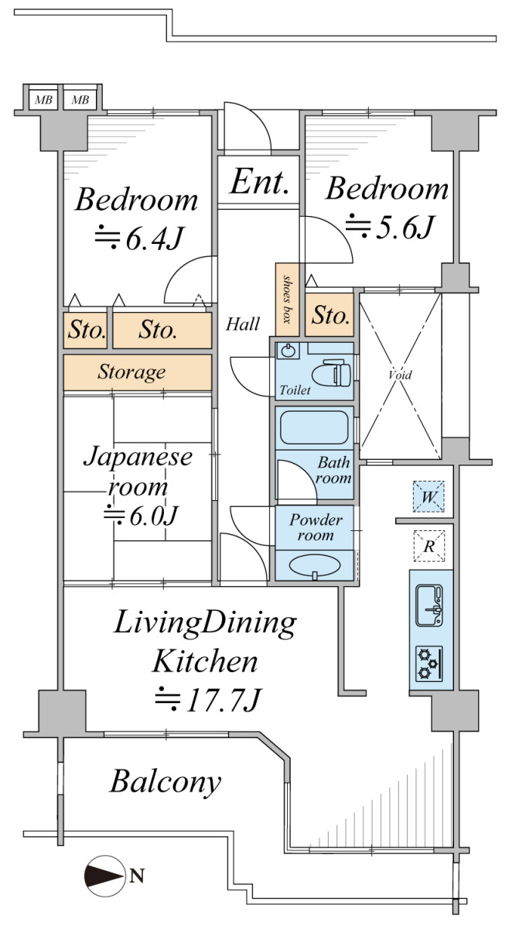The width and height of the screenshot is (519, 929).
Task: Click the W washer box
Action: pyautogui.click(x=429, y=496)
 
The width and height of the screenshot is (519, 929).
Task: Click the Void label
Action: pyautogui.click(x=400, y=375)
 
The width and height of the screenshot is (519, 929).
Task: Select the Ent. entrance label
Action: pyautogui.click(x=259, y=184)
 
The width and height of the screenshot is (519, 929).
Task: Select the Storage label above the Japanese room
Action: pyautogui.click(x=131, y=372)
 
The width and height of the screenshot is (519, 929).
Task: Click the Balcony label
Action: pyautogui.click(x=166, y=782)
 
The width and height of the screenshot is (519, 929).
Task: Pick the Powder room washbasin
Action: pyautogui.click(x=314, y=565)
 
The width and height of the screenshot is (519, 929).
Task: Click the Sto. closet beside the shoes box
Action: pyautogui.click(x=331, y=316)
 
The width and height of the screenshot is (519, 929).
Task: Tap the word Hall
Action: pyautogui.click(x=242, y=324)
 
